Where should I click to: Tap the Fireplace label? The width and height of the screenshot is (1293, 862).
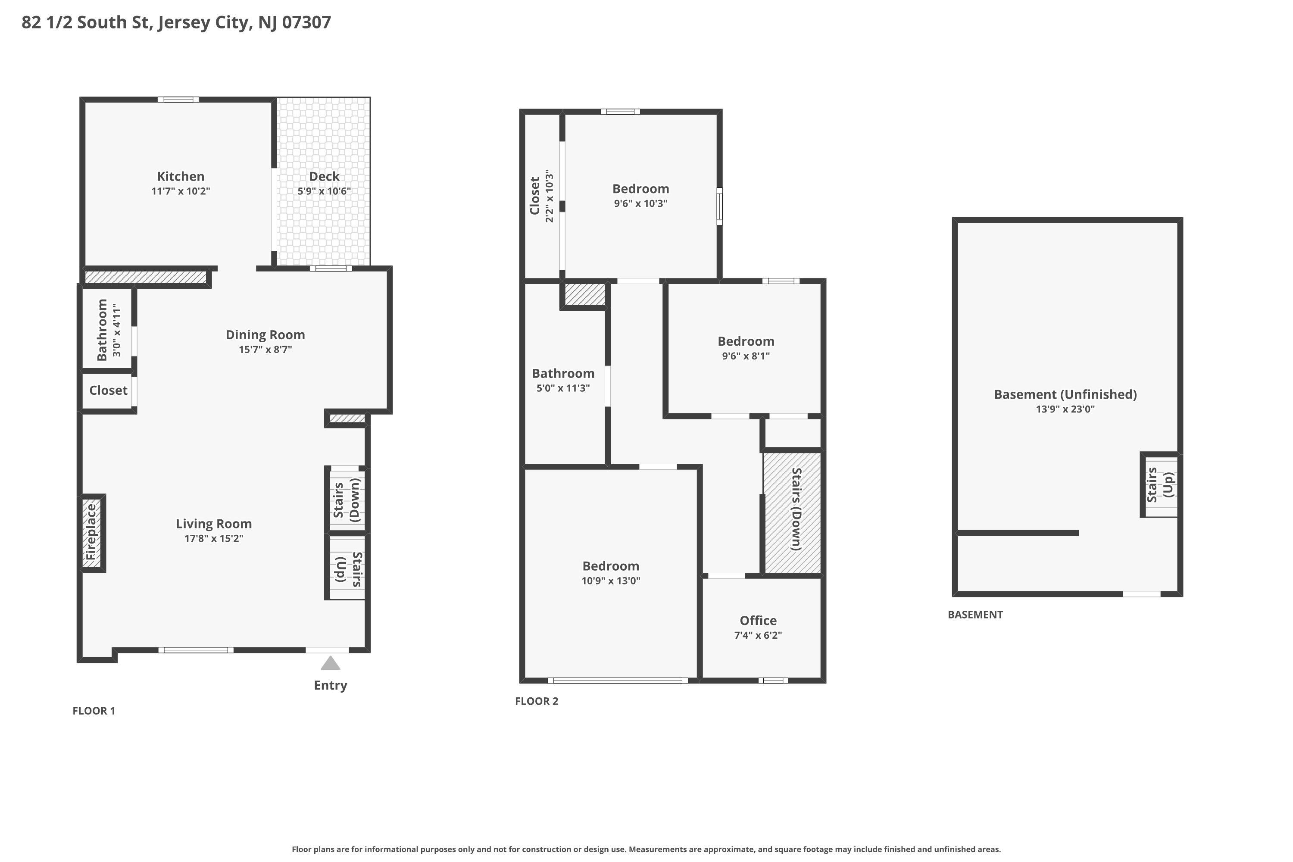coord(91,532)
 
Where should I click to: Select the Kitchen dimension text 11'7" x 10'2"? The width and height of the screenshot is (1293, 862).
coord(181,191)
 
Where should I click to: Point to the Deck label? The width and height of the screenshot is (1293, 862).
coord(325,176)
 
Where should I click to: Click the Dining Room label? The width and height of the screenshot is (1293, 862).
coord(265,335)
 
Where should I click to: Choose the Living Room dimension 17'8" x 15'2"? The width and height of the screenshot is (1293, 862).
coord(214,538)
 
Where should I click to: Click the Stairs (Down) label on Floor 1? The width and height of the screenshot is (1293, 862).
coord(347,500)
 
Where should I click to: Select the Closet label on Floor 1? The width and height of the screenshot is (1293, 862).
coord(108,390)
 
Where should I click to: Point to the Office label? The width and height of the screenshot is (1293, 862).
coord(758,621)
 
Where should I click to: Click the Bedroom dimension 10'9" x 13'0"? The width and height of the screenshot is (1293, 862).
coord(611,581)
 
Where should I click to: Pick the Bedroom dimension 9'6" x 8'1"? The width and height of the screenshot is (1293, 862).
coord(746,356)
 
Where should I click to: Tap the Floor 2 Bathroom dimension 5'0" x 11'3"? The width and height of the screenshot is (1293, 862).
coord(563,388)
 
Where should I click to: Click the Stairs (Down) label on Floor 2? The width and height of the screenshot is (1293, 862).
coord(796,509)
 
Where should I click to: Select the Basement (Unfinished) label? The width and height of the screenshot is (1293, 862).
coord(1065,395)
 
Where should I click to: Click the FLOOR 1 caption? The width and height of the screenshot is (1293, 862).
coord(94,711)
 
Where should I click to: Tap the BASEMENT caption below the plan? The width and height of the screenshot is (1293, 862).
coord(975,615)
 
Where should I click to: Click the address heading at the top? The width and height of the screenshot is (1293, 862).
coord(176,22)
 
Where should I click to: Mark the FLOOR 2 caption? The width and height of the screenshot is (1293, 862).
coord(537,701)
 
